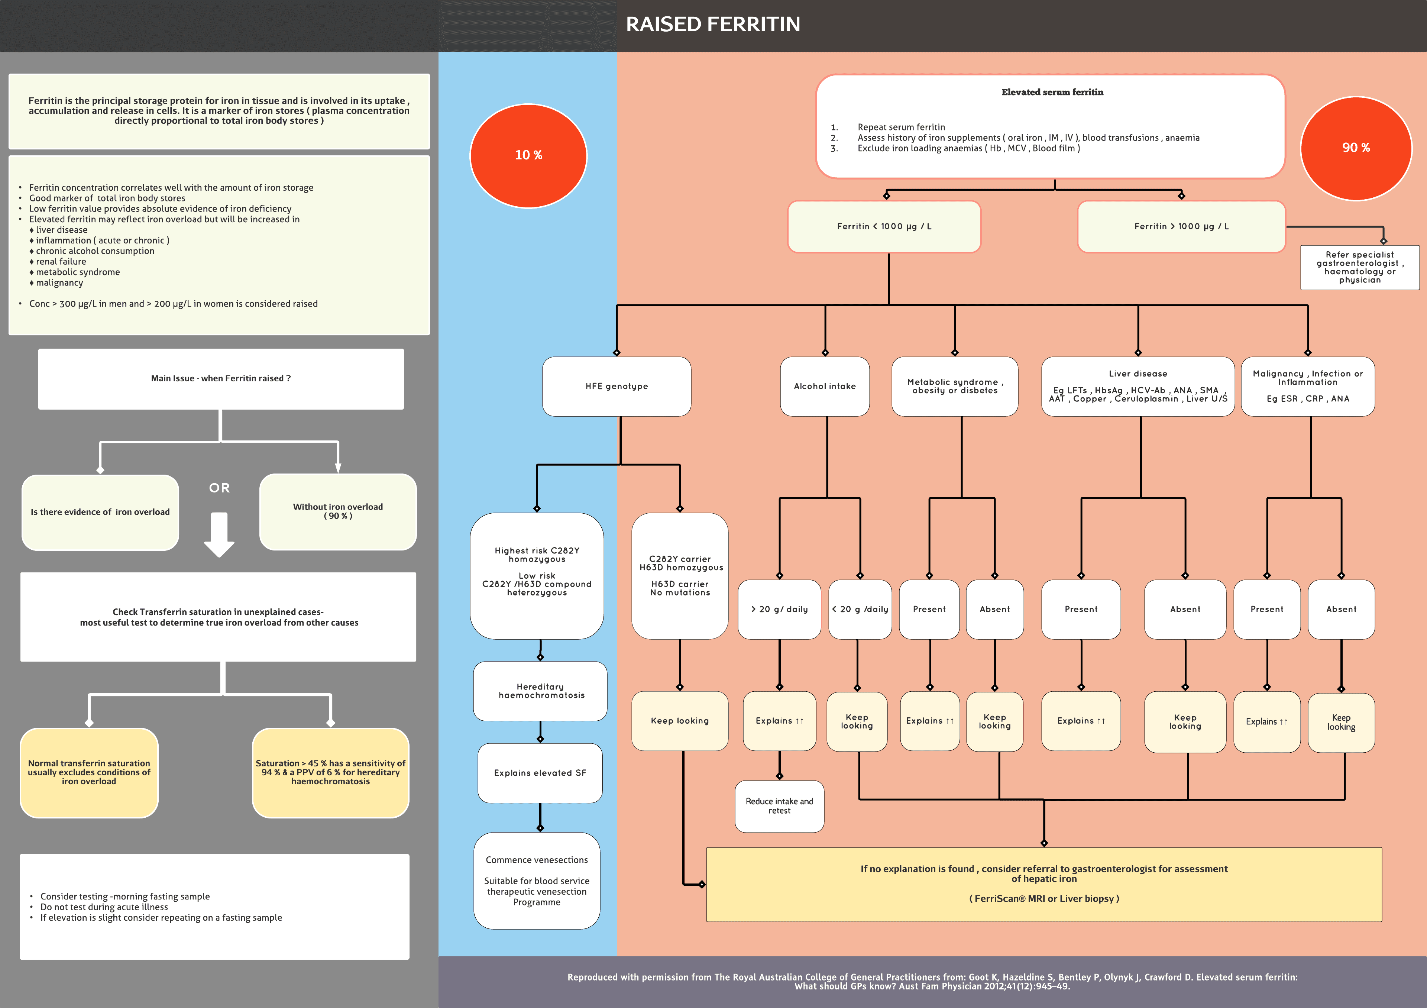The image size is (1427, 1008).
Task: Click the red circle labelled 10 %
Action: click(528, 155)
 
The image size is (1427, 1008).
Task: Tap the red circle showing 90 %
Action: click(1356, 148)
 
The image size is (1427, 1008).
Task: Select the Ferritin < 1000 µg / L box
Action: click(884, 226)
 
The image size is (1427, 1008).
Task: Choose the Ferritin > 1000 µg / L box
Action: click(1181, 226)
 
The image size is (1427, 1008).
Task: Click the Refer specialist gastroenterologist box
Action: click(1359, 267)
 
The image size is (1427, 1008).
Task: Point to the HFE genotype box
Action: click(617, 386)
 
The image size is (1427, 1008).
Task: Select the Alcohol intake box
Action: click(825, 386)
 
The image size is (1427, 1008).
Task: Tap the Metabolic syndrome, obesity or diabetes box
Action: click(955, 386)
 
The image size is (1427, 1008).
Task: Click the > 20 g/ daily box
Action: click(779, 609)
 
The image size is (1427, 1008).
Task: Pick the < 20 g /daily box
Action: click(860, 609)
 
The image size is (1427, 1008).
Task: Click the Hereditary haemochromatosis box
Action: click(540, 691)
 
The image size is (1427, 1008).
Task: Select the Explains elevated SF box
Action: click(540, 772)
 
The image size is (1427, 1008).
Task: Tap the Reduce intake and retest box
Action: click(779, 806)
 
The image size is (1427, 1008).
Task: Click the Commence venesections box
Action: click(537, 881)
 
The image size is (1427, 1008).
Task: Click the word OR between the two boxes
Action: click(219, 488)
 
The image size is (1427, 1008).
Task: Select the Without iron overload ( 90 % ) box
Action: click(338, 511)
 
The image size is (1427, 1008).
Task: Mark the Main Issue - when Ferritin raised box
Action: click(221, 378)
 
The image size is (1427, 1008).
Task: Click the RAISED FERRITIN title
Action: click(713, 24)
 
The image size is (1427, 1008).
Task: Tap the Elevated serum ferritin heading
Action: click(1052, 92)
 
